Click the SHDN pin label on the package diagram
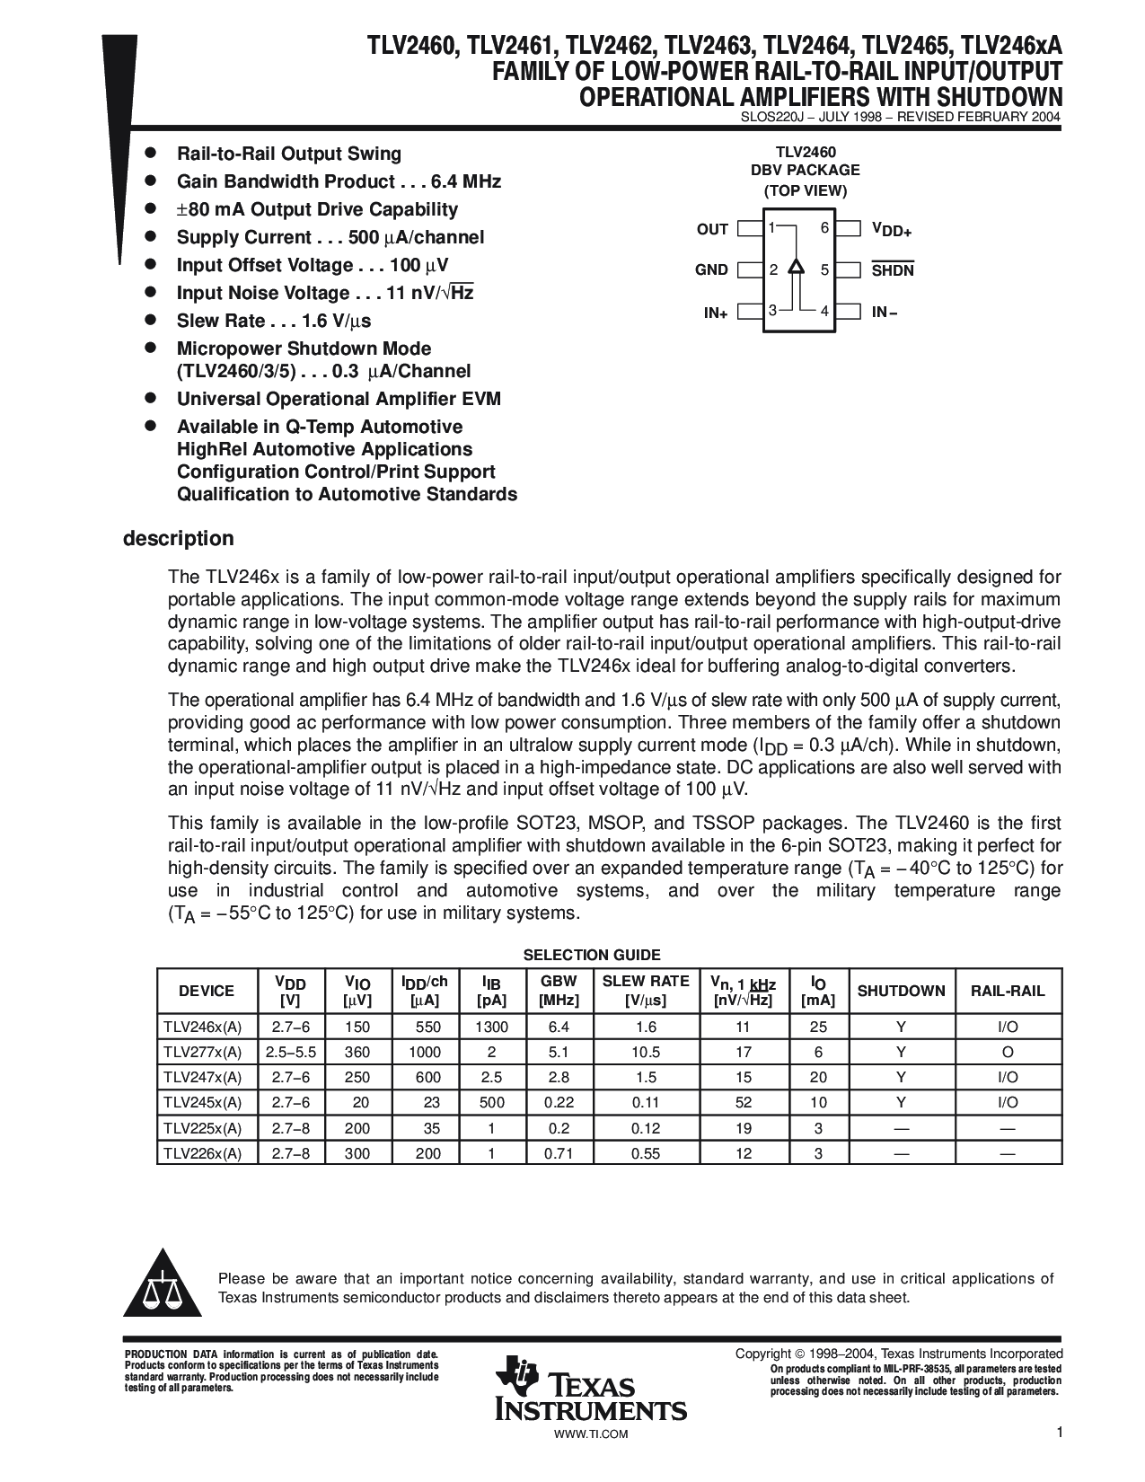[x=892, y=270]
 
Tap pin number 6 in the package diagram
[x=824, y=228]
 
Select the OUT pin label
[x=712, y=230]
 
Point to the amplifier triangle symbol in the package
[x=796, y=267]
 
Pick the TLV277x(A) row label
[x=203, y=1052]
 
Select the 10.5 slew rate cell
[x=646, y=1052]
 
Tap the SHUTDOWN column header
[x=901, y=991]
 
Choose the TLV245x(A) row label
[x=203, y=1102]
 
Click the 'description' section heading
[x=178, y=539]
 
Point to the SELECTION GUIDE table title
[x=592, y=955]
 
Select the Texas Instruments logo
[x=590, y=1390]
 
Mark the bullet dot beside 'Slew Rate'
[x=152, y=320]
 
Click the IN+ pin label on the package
[x=716, y=313]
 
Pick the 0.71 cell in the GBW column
[x=559, y=1152]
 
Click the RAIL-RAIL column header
[x=1008, y=991]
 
